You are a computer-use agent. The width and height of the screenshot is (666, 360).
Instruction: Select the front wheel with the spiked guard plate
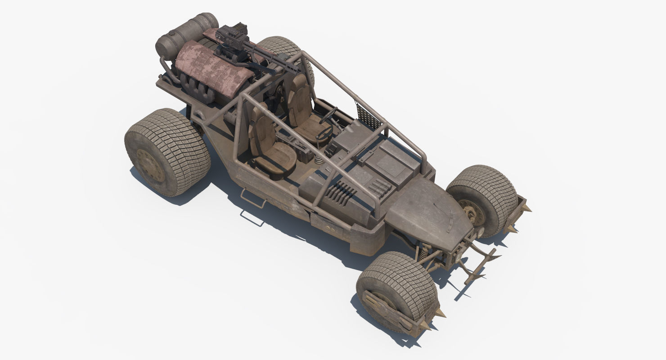[396, 292]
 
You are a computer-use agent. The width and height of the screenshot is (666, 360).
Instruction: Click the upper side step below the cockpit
[252, 198]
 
